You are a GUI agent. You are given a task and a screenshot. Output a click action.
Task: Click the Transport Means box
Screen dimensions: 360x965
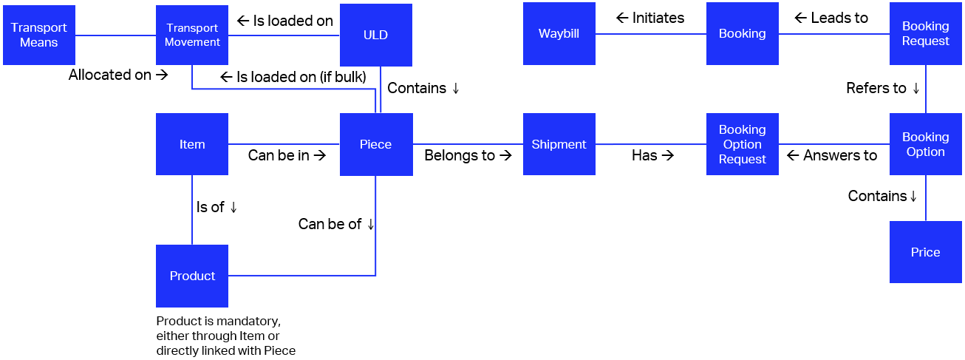pos(39,35)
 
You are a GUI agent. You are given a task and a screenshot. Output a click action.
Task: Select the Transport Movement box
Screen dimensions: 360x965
pos(192,35)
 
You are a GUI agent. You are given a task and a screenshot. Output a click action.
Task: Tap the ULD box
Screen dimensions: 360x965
pos(375,35)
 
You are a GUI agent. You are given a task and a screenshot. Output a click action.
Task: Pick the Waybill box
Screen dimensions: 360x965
pos(559,34)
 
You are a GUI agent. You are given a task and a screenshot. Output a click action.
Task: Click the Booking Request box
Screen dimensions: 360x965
pos(925,34)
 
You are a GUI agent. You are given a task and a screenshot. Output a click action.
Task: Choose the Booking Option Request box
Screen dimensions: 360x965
pos(742,144)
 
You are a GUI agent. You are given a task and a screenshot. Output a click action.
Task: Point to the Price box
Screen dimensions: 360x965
pos(925,252)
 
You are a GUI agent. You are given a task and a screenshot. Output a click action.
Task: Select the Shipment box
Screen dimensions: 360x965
pos(559,144)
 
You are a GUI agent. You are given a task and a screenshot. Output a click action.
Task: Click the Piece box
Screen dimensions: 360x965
pos(375,144)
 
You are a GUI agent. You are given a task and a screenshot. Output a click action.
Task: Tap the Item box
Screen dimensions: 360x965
pos(192,144)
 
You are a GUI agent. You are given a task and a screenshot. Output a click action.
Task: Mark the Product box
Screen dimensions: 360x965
pos(192,276)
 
